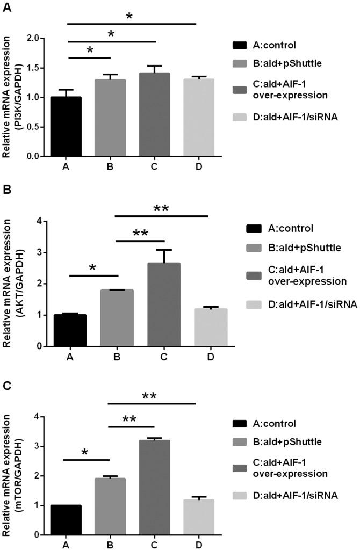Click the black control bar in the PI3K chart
click(x=66, y=127)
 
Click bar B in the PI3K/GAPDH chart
click(x=110, y=118)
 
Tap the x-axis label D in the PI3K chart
click(x=199, y=167)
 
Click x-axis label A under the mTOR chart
click(x=66, y=545)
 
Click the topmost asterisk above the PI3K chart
click(x=129, y=17)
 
